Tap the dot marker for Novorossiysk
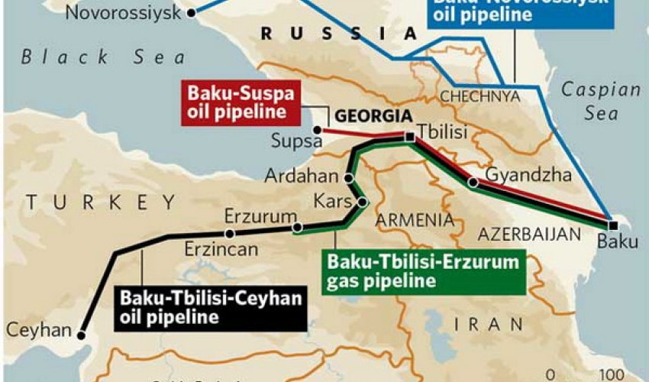point(191,12)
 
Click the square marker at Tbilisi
point(410,137)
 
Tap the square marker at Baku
point(613,225)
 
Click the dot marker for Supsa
point(316,130)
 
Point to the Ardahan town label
point(301,176)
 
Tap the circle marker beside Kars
point(363,202)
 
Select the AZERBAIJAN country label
point(528,233)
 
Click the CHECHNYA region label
point(479,96)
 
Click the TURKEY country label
point(100,202)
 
